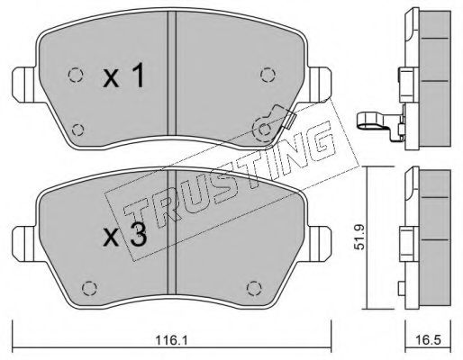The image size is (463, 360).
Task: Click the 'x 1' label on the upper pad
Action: coord(123,77)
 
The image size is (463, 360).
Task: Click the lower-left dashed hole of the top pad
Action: coord(76,127)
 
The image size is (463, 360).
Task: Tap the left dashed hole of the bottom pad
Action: coord(87,289)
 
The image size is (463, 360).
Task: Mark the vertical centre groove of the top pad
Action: coord(171,81)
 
